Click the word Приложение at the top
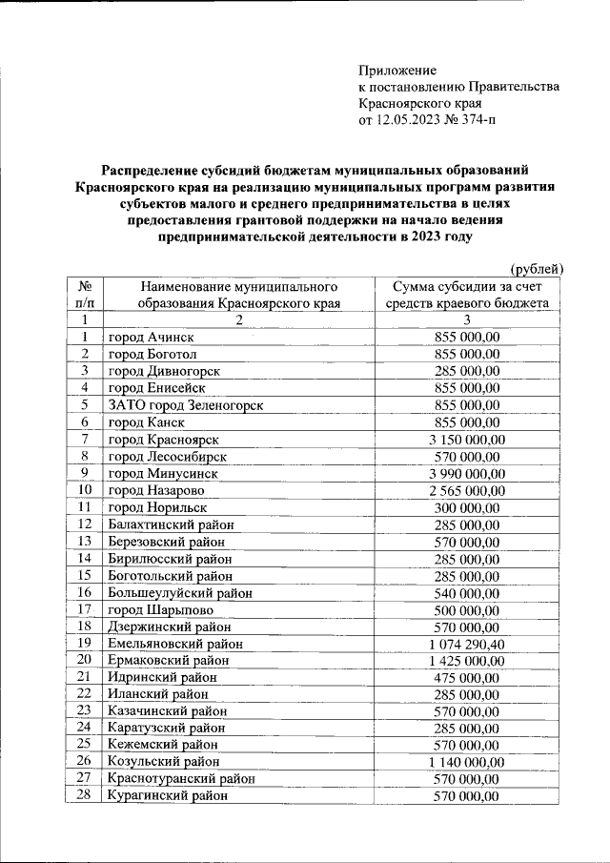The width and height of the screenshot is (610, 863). (396, 70)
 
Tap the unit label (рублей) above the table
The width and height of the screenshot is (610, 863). (538, 269)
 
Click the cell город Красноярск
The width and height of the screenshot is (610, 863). (164, 440)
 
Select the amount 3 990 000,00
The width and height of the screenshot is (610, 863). (466, 474)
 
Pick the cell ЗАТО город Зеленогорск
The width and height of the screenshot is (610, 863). (185, 405)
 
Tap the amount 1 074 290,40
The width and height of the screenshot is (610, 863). (466, 644)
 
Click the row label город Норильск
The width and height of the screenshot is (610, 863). (156, 507)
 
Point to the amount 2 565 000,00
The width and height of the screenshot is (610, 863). (466, 491)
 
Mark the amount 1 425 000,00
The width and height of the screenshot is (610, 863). (466, 661)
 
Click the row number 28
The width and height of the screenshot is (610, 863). (84, 796)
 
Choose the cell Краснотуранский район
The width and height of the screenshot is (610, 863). (181, 779)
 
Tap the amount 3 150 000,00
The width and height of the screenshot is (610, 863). (466, 440)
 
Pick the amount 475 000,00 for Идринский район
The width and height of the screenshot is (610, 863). (466, 677)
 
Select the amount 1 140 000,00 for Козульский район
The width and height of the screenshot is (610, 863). (466, 762)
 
